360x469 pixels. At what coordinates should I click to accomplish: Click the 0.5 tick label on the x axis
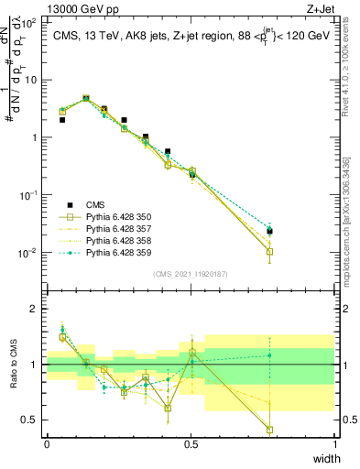click(x=191, y=443)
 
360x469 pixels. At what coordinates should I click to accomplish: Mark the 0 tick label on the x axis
click(x=48, y=443)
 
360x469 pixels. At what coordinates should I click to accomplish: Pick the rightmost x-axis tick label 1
click(x=335, y=443)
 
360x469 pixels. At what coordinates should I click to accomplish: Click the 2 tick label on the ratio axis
click(x=36, y=309)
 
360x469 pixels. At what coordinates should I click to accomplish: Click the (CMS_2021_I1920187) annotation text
click(x=191, y=273)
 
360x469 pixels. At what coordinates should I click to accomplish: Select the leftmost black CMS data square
click(x=62, y=120)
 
